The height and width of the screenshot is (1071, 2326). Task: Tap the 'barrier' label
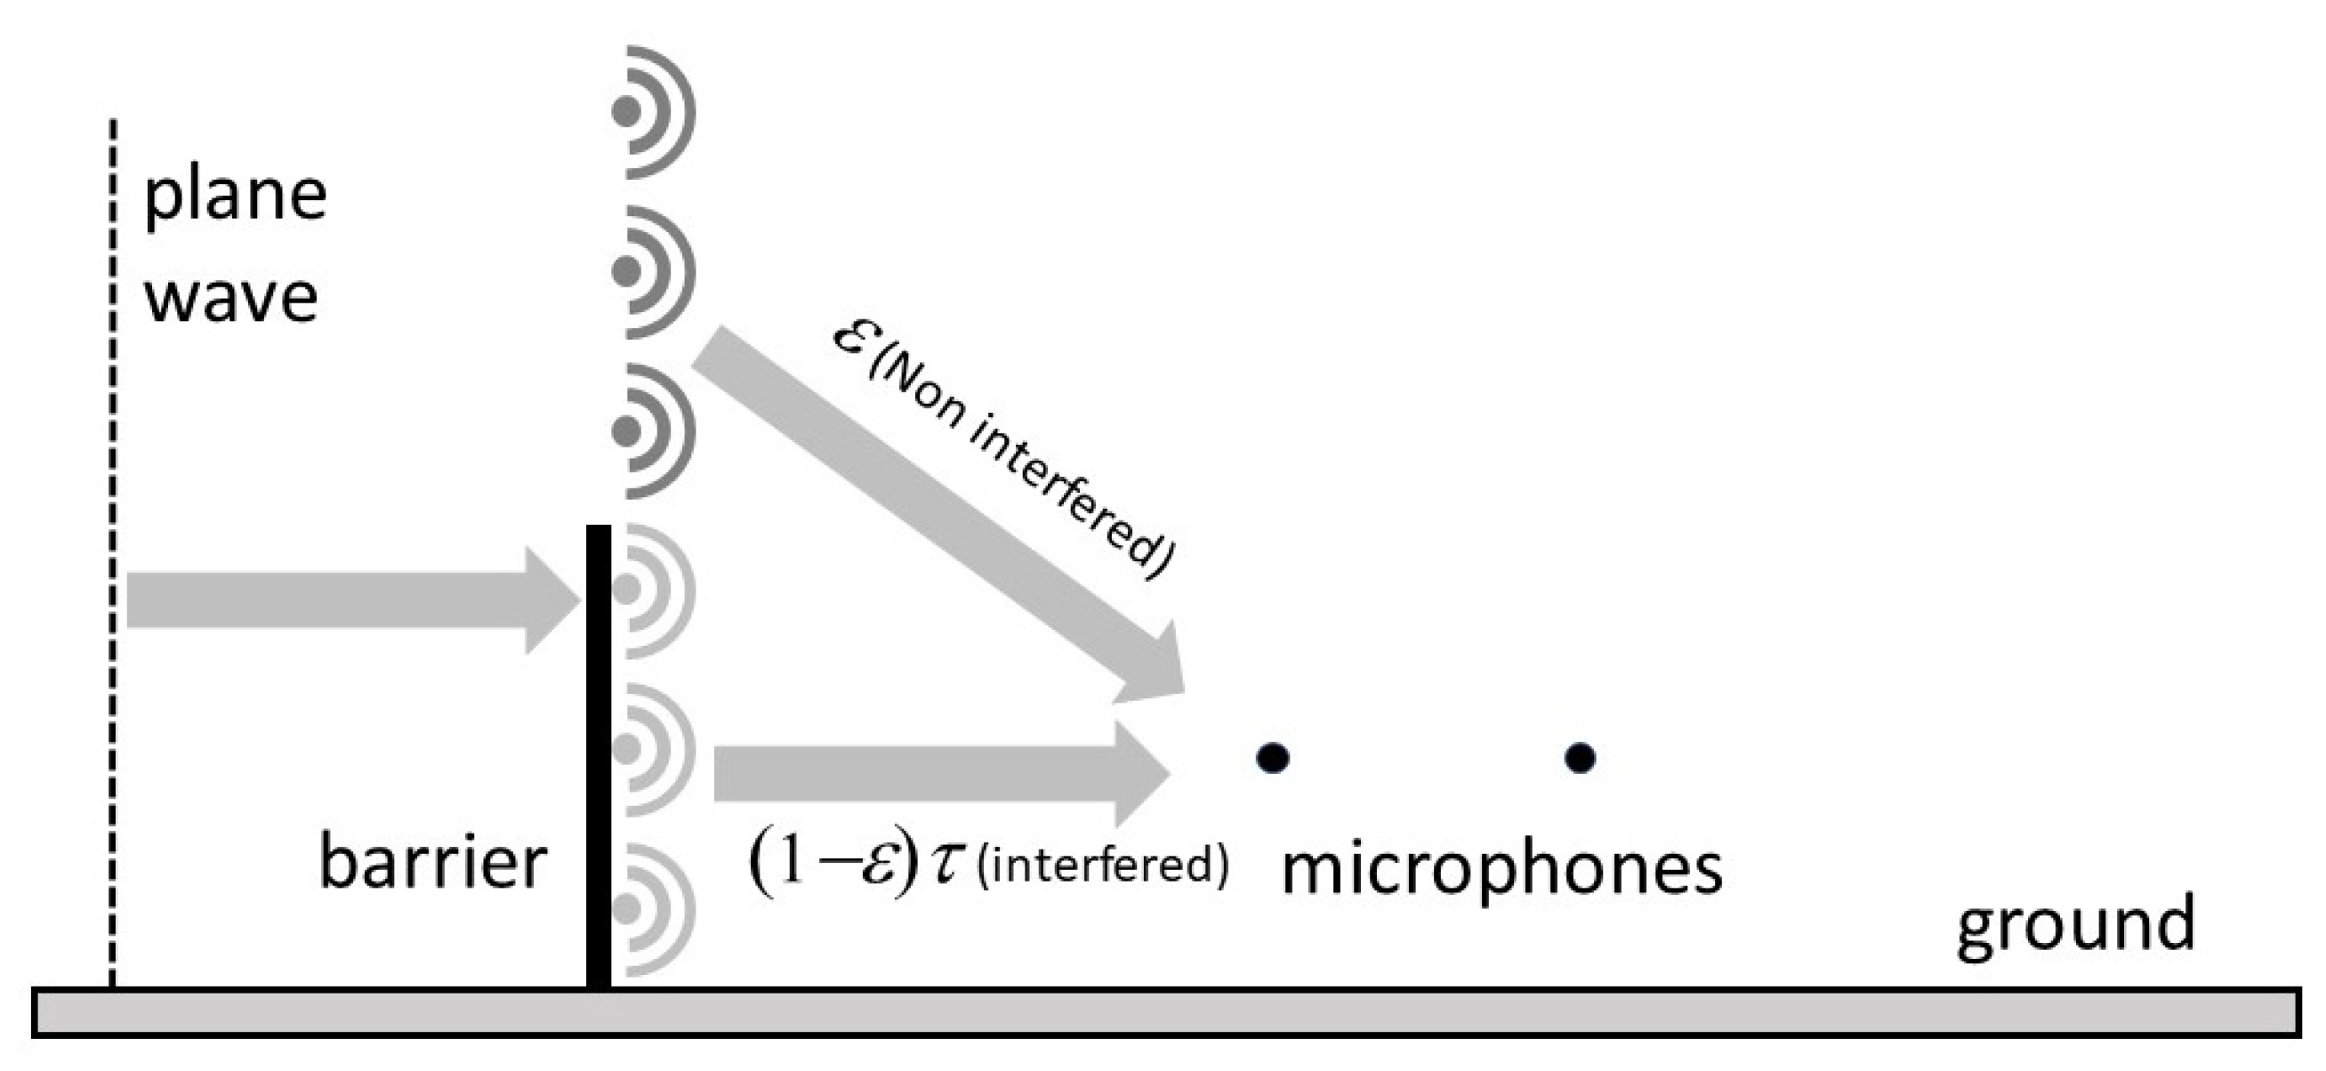point(432,862)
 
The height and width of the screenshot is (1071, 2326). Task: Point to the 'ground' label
point(2075,925)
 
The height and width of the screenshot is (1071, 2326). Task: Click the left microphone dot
point(1272,757)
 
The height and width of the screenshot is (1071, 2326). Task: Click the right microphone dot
point(1579,757)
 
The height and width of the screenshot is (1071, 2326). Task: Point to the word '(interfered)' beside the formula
point(1102,866)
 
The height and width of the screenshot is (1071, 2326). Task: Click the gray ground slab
point(1165,1012)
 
